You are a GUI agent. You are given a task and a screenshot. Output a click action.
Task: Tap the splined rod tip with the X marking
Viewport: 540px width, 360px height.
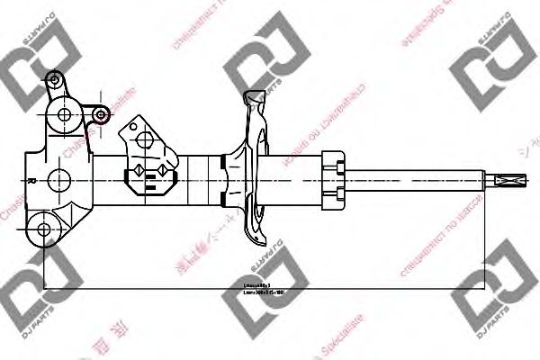(511, 179)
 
